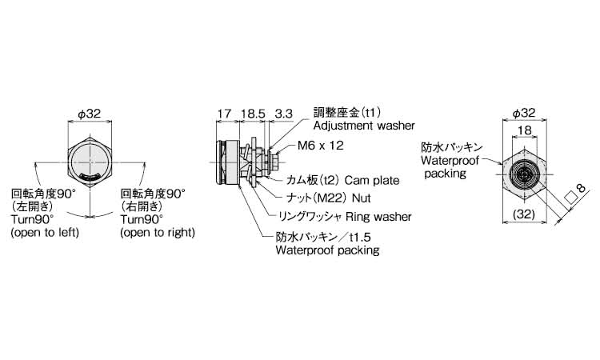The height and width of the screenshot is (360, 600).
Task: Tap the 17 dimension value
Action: tap(224, 114)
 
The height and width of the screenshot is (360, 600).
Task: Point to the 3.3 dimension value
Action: tap(283, 114)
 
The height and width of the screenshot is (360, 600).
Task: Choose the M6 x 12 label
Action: tap(321, 146)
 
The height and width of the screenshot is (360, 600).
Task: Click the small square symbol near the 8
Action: tap(570, 196)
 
